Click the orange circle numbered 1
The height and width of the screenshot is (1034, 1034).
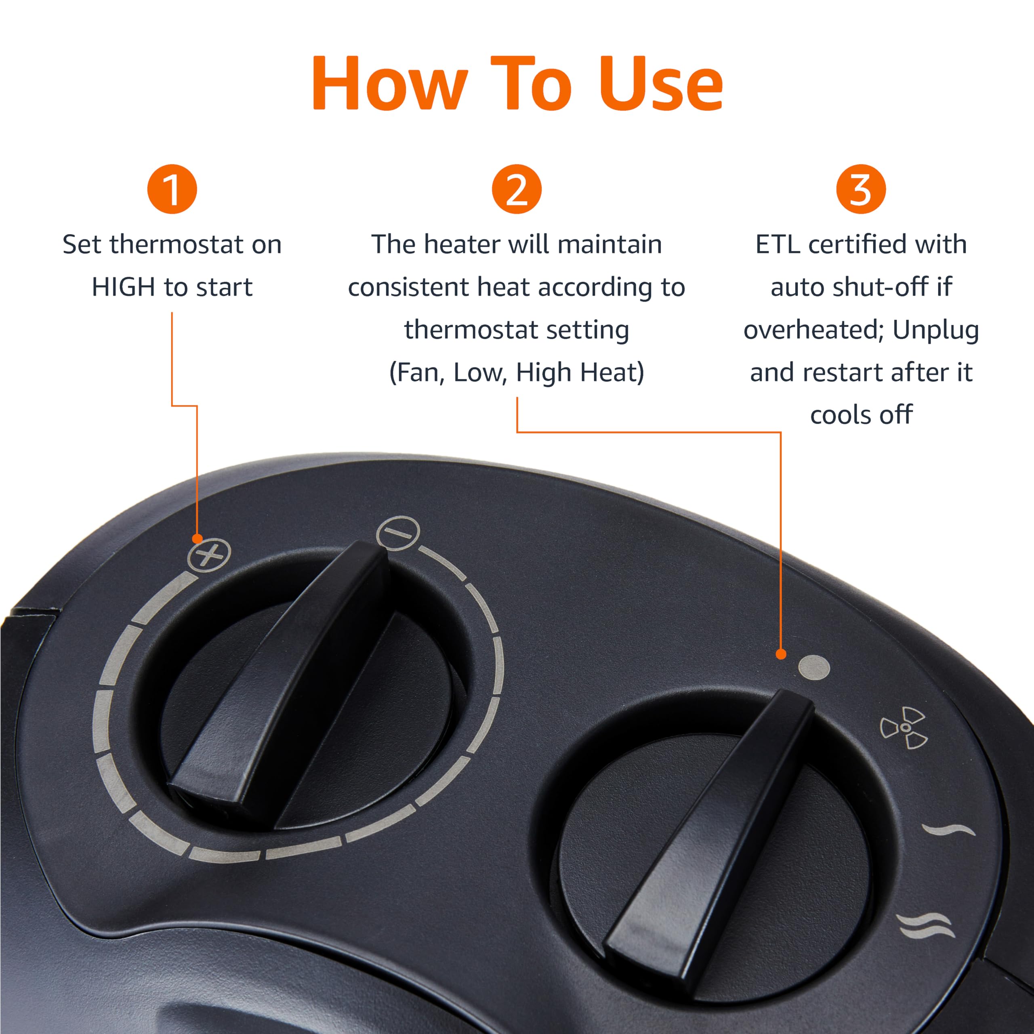click(172, 189)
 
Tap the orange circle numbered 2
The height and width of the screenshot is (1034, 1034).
click(517, 189)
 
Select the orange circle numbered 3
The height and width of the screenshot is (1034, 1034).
click(861, 189)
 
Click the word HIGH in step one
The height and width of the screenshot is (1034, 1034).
click(123, 288)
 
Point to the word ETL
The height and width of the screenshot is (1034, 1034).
click(777, 245)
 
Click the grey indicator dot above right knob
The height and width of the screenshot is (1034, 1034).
click(814, 668)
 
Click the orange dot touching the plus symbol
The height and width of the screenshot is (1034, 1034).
click(198, 538)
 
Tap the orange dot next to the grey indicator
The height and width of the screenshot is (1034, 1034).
click(781, 654)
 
